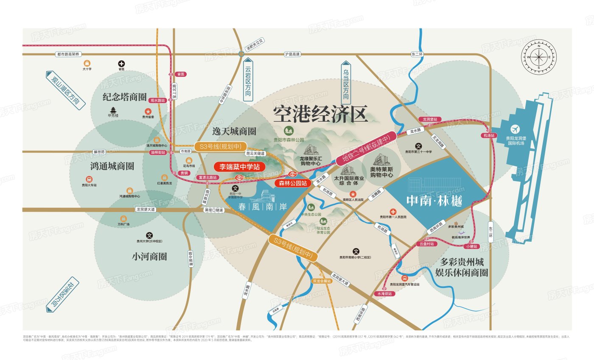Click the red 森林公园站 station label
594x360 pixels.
coord(293,183)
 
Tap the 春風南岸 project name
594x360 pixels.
coord(263,207)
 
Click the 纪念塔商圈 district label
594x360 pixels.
coord(124,97)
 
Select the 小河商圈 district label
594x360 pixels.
coord(149,256)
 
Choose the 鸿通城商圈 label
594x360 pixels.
coord(112,165)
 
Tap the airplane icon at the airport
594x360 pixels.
coord(516,129)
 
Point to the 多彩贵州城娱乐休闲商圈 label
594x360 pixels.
coord(462,267)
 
